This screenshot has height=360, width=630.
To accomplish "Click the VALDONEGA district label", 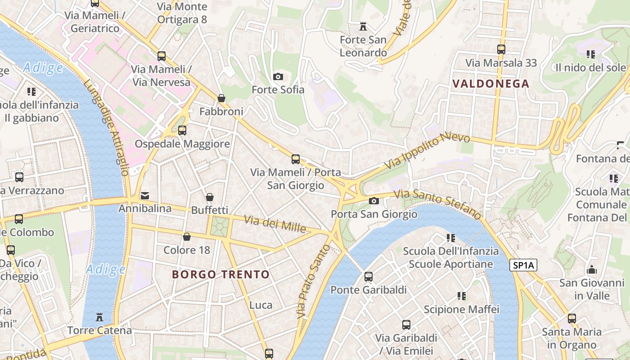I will click(x=490, y=84).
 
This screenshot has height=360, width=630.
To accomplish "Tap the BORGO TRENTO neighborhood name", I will click(x=221, y=274).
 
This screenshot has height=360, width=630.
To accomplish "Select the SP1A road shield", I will click(x=524, y=265).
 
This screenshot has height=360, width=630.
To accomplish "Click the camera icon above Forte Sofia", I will click(x=278, y=76).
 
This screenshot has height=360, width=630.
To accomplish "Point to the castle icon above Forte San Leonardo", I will click(x=363, y=26).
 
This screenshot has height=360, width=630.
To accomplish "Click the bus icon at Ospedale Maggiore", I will click(x=182, y=130).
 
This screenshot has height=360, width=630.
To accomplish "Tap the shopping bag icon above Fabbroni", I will click(x=221, y=98).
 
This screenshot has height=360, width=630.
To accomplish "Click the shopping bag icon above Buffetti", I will click(x=210, y=197).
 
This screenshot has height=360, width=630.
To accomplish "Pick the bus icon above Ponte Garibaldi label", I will click(x=369, y=276).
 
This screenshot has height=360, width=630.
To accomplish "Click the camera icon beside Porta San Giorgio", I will click(x=373, y=201).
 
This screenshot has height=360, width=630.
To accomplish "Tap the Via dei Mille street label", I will click(x=275, y=224).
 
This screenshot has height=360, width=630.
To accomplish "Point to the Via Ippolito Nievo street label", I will click(x=427, y=151).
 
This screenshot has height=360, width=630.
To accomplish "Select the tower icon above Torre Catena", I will click(x=99, y=317).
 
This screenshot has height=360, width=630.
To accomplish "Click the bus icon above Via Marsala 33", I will click(x=501, y=49).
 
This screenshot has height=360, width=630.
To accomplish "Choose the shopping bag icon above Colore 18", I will click(x=187, y=237).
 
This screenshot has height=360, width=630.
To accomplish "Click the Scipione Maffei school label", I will click(x=461, y=310).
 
